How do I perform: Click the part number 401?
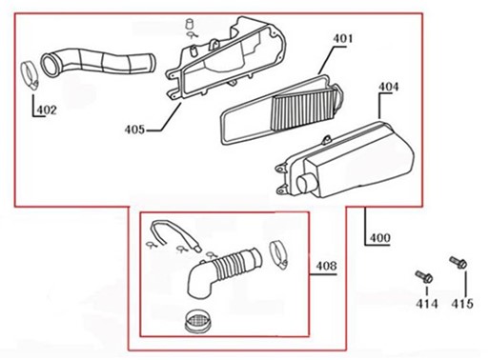(343, 39)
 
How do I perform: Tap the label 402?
(47, 110)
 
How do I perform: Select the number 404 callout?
(388, 87)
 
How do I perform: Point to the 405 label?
(134, 130)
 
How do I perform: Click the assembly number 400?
(380, 238)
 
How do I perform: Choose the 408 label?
(326, 266)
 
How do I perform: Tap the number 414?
(427, 304)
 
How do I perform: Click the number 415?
(462, 304)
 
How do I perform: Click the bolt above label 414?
(424, 277)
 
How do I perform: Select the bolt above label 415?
(458, 262)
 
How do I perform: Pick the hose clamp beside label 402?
(30, 75)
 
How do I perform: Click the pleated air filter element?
(302, 109)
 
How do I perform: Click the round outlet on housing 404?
(306, 185)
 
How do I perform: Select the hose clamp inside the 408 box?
(278, 254)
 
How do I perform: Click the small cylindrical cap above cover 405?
(190, 24)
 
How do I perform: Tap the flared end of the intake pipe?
(51, 65)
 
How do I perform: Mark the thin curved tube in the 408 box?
(174, 233)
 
